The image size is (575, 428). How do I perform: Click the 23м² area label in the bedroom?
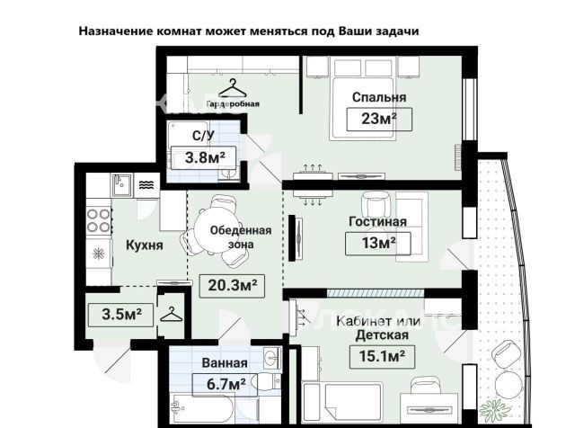coord(379,120)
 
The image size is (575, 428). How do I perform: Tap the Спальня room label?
coord(379,97)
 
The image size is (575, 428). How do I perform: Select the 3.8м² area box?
coord(205,158)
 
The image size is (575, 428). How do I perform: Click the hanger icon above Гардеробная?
coord(232,88)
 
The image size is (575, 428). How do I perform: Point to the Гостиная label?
coord(377,222)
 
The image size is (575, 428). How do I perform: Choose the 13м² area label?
coord(378,243)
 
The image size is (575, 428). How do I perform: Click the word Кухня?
coord(144,245)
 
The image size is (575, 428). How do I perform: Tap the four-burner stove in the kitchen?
coord(99,220)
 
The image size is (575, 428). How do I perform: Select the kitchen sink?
coord(122,185)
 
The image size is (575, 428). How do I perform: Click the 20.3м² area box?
coord(232,286)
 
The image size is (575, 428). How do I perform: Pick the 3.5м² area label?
coord(120,315)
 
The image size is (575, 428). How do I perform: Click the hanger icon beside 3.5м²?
coord(172,315)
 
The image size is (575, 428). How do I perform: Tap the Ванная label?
coord(225,363)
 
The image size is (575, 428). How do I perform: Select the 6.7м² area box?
coord(225,385)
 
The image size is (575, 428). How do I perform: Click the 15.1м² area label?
coord(383,356)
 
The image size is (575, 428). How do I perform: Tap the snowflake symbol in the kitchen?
coord(99,254)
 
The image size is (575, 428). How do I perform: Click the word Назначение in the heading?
coord(116,31)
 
